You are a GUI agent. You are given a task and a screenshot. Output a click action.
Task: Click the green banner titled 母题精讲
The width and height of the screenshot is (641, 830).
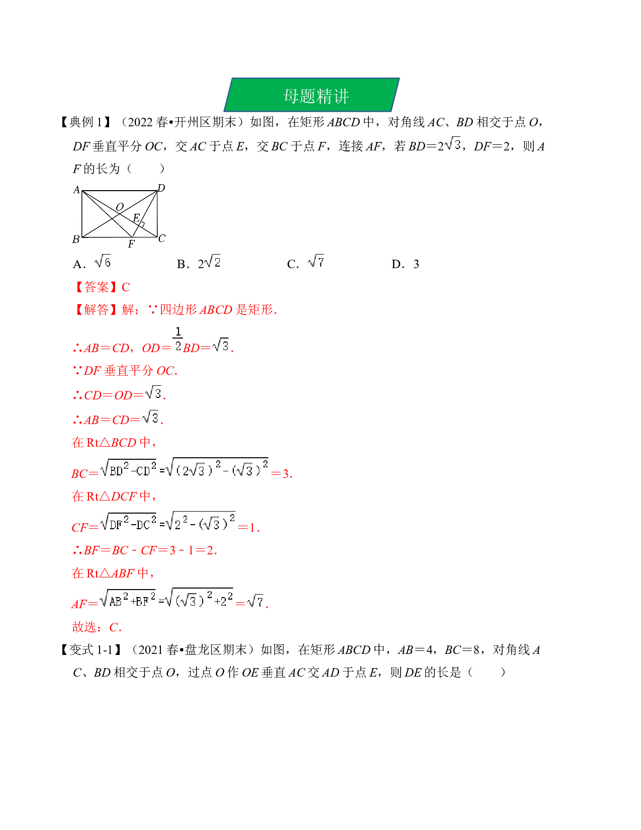[312, 95]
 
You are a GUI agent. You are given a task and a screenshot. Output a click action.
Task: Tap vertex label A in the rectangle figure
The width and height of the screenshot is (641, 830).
[77, 190]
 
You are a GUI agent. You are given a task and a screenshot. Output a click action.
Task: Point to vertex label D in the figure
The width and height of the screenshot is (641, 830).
[161, 188]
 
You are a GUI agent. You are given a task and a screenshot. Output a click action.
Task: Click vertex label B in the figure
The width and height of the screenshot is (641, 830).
[76, 239]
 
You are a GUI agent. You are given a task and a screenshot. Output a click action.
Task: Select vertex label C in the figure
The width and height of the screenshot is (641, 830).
[162, 238]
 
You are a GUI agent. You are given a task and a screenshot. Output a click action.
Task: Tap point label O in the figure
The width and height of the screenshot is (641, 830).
[120, 207]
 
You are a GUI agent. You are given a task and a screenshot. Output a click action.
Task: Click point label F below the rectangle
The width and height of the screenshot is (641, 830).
[131, 243]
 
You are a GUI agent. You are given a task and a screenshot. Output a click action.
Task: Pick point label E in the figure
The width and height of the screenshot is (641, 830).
[136, 218]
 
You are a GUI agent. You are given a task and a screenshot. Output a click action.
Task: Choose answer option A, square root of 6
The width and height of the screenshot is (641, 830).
[92, 263]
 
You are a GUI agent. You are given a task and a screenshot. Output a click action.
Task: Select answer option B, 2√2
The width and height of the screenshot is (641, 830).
[199, 263]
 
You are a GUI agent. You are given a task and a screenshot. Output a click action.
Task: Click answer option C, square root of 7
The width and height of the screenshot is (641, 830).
[306, 263]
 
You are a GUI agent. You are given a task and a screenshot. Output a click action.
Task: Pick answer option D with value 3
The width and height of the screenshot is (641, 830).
[405, 264]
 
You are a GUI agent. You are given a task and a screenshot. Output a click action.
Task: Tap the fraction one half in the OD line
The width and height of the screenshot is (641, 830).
[178, 339]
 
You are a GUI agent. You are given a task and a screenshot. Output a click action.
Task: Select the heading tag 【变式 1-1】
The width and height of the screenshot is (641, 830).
[91, 650]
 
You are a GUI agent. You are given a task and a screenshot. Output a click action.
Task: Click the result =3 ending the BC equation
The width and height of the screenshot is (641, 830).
[282, 474]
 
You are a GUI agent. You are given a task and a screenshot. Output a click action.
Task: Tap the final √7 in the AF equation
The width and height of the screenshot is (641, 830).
[255, 602]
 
